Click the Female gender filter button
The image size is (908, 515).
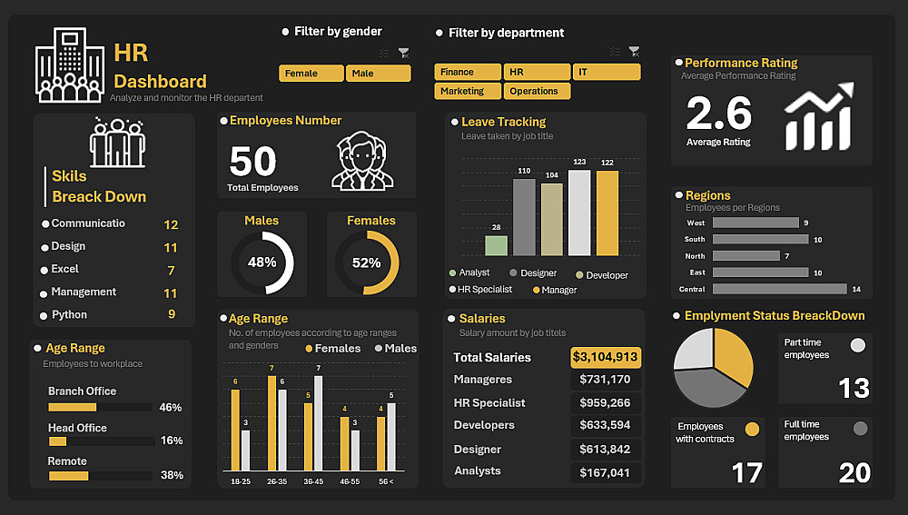pyautogui.click(x=311, y=74)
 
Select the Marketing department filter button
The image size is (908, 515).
pyautogui.click(x=468, y=91)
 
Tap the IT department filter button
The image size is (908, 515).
pyautogui.click(x=606, y=72)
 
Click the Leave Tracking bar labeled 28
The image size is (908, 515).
pyautogui.click(x=496, y=245)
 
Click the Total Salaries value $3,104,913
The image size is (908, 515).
pyautogui.click(x=606, y=357)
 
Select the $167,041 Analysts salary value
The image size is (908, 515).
pyautogui.click(x=606, y=472)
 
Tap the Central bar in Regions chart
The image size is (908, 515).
pyautogui.click(x=779, y=289)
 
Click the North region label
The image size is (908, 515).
pyautogui.click(x=695, y=256)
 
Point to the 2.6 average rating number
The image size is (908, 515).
pyautogui.click(x=719, y=114)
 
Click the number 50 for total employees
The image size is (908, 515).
pyautogui.click(x=252, y=162)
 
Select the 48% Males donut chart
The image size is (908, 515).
pyautogui.click(x=262, y=262)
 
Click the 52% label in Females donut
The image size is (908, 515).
pyautogui.click(x=367, y=262)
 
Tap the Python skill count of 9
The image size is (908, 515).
pyautogui.click(x=172, y=314)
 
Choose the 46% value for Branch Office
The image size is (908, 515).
pyautogui.click(x=171, y=408)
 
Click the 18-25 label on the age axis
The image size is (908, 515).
pyautogui.click(x=241, y=481)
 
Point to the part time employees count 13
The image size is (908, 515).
pyautogui.click(x=854, y=389)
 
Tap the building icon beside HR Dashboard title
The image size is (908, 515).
pyautogui.click(x=68, y=64)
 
